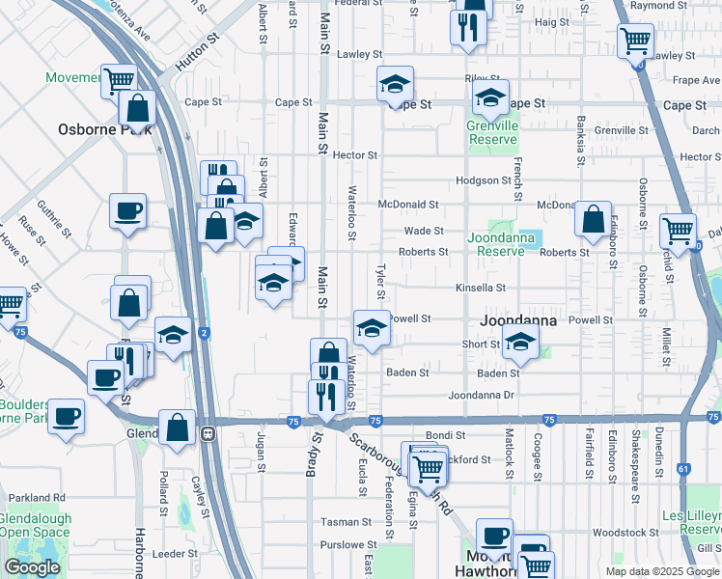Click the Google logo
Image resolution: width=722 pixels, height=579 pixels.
(x=32, y=567)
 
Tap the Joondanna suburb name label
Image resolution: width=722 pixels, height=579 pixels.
(x=518, y=319)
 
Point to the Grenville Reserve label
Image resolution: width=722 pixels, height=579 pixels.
(x=492, y=132)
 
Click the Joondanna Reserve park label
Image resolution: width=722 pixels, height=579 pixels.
(x=501, y=244)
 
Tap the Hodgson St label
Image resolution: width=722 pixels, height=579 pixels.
(x=483, y=180)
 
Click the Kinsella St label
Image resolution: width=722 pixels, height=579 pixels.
(x=481, y=288)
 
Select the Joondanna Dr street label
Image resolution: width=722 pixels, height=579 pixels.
(x=484, y=396)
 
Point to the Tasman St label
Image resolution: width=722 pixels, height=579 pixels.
(x=342, y=521)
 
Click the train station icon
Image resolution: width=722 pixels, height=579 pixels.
(x=208, y=435)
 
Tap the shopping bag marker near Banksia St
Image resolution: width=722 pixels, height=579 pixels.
(x=593, y=218)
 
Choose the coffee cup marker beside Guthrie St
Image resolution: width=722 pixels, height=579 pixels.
(x=127, y=210)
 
